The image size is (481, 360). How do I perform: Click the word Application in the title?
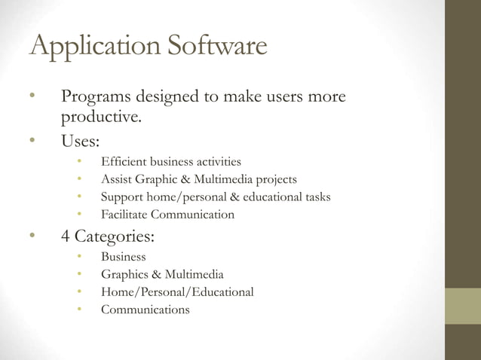[x=90, y=47]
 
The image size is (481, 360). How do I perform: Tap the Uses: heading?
[x=80, y=141]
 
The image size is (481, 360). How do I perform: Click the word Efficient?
[x=123, y=161]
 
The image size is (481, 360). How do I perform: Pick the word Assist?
[x=116, y=179]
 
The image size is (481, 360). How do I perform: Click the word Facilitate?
[x=124, y=215]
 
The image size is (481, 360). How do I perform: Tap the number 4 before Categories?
[x=66, y=236]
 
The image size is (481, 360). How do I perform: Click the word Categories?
[x=115, y=237]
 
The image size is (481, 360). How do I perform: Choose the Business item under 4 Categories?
[x=124, y=257]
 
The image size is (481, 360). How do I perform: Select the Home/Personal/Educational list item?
[x=177, y=291]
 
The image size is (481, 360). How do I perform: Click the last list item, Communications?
[x=146, y=310]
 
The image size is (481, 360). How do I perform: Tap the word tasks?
[x=315, y=197]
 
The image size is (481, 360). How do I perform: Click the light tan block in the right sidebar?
[x=462, y=306]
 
